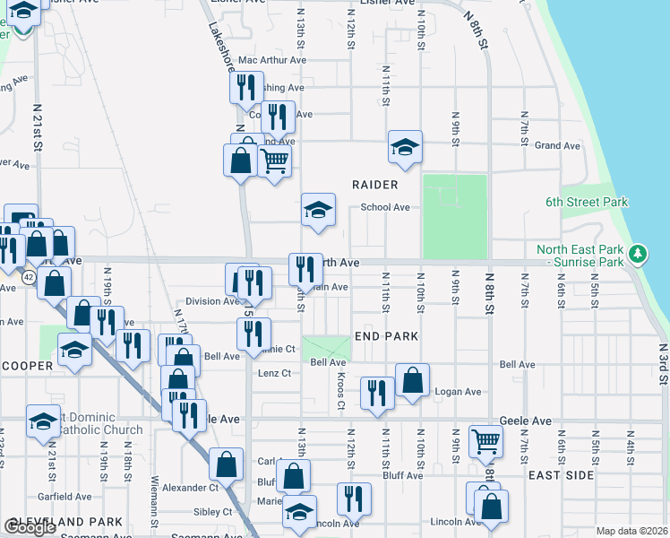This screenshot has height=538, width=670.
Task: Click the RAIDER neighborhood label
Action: pyautogui.click(x=374, y=185)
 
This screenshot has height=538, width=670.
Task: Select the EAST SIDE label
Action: pyautogui.click(x=562, y=474)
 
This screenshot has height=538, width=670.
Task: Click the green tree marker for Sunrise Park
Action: pyautogui.click(x=638, y=255)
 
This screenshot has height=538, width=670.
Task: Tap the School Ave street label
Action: pyautogui.click(x=385, y=207)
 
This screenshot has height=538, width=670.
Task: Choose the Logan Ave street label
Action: pyautogui.click(x=458, y=392)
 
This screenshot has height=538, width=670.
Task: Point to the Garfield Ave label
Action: pyautogui.click(x=64, y=496)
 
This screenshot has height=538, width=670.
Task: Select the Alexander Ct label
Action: pyautogui.click(x=191, y=488)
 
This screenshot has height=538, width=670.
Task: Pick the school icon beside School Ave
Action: pyautogui.click(x=318, y=210)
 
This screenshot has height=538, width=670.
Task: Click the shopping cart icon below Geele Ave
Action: pyautogui.click(x=485, y=440)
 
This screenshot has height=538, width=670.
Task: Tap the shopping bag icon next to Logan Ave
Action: pyautogui.click(x=412, y=379)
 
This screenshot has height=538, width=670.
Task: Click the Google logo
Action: pyautogui.click(x=30, y=527)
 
